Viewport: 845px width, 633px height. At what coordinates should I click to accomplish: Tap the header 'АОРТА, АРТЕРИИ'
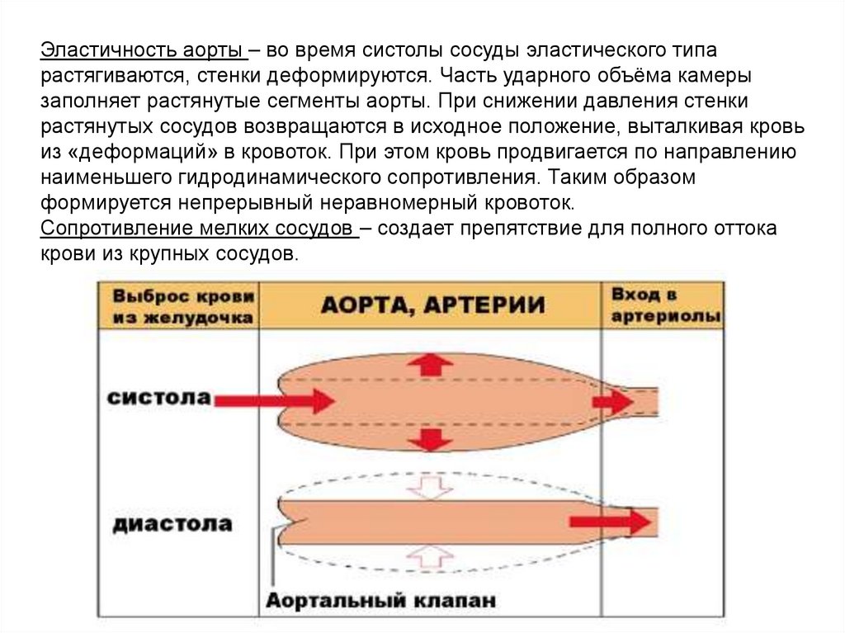coord(432,305)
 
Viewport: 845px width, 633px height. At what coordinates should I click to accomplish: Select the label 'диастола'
coord(172,524)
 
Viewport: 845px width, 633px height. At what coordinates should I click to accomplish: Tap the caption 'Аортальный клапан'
coord(380,600)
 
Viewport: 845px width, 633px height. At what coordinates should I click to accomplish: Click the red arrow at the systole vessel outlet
coord(612,401)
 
